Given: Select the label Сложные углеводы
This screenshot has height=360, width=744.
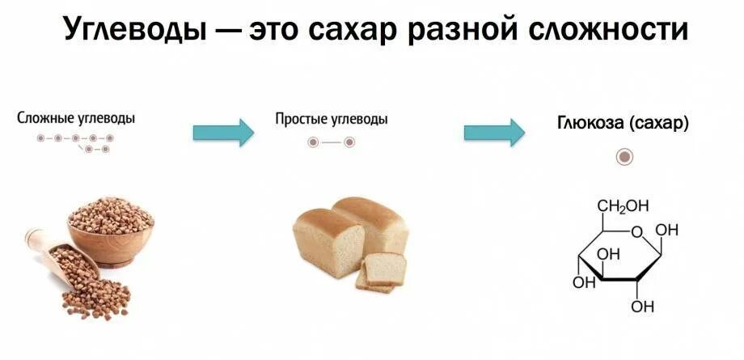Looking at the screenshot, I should [x=76, y=118].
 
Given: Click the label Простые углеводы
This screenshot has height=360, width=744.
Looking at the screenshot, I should [x=332, y=119].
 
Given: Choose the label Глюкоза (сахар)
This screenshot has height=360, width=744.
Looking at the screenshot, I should [x=623, y=124].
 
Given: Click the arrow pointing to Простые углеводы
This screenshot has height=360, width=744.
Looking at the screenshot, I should [x=222, y=132].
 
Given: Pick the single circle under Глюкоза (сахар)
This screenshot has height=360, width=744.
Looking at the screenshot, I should [x=624, y=157].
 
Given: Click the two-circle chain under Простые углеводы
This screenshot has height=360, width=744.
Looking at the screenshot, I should [x=331, y=142].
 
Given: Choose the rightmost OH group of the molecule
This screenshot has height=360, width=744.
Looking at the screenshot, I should [x=667, y=231].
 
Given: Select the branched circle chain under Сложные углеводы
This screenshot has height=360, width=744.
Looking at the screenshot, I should [x=75, y=143].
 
